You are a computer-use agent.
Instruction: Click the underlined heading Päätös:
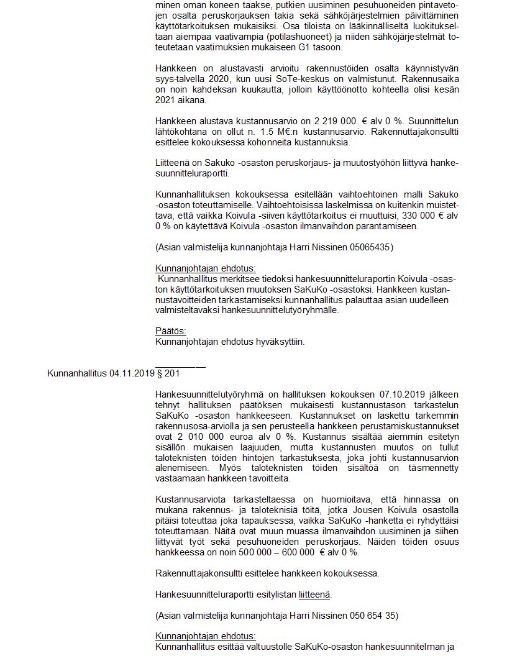[x=170, y=331]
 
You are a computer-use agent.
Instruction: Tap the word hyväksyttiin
[x=279, y=341]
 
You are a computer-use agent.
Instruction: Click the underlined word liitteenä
[x=314, y=594]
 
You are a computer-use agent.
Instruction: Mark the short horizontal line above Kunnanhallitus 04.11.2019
[x=180, y=367]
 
